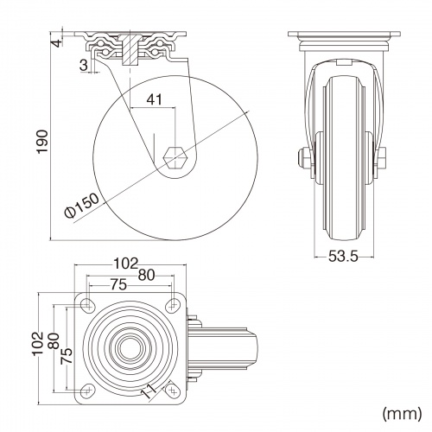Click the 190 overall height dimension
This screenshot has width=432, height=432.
pyautogui.click(x=42, y=142)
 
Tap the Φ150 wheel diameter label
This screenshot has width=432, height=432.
pyautogui.click(x=82, y=206)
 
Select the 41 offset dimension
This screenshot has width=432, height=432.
pyautogui.click(x=155, y=99)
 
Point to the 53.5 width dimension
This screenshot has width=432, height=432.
pyautogui.click(x=343, y=256)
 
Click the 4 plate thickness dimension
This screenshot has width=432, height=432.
pyautogui.click(x=57, y=43)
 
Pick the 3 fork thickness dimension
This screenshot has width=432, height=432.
pyautogui.click(x=84, y=65)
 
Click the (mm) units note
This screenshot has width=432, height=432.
pyautogui.click(x=402, y=414)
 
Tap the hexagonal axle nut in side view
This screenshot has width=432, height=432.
pyautogui.click(x=175, y=157)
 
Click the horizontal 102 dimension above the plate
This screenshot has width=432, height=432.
pyautogui.click(x=126, y=264)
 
